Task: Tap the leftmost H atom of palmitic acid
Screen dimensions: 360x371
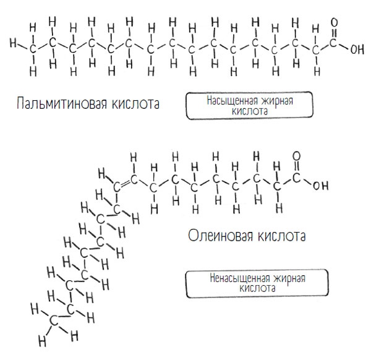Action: [13, 43]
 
